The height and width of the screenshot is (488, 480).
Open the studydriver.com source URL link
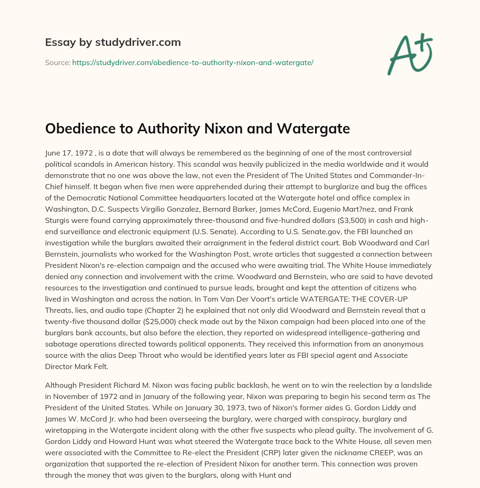point(193,62)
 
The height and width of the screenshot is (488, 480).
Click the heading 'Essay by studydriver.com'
point(113,42)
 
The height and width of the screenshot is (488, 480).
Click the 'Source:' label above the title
point(57,62)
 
